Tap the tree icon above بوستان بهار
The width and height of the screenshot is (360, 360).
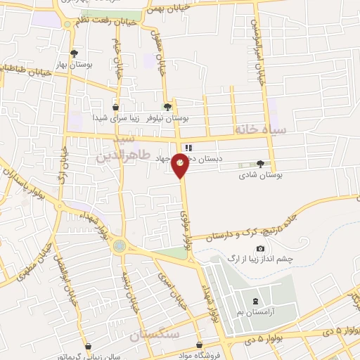[75, 53]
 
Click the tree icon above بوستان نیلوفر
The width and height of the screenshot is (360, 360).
[167, 107]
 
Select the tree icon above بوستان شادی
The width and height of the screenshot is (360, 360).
[261, 163]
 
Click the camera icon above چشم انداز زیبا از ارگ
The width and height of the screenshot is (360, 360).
[261, 248]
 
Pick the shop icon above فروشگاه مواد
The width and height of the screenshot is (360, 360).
[200, 345]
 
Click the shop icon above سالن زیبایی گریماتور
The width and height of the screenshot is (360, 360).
[88, 345]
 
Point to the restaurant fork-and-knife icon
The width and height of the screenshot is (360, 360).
[188, 147]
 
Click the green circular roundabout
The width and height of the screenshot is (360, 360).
[120, 245]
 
